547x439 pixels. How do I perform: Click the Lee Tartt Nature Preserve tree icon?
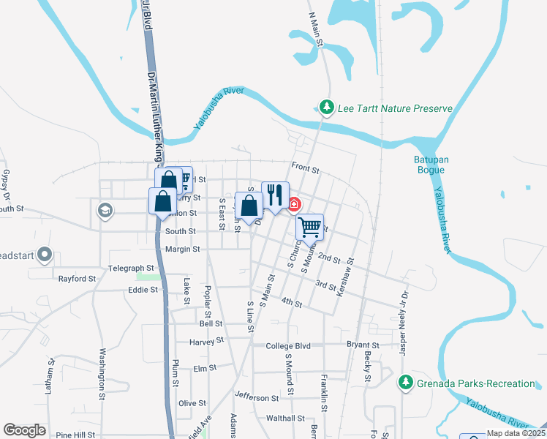tap(327, 108)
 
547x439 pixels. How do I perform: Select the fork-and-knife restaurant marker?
tap(275, 195)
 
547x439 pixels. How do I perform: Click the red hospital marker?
tap(295, 204)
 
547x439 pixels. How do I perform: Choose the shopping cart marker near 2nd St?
tap(310, 227)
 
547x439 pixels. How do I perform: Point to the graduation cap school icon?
tap(105, 211)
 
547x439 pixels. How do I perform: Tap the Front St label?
tap(306, 169)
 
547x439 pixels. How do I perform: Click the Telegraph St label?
tap(131, 269)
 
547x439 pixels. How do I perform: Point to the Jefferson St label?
tap(257, 398)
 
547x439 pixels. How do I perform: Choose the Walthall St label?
tap(284, 419)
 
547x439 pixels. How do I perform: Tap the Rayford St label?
tap(78, 279)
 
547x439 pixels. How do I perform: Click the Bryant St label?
tap(363, 345)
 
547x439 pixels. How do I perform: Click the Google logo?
tap(24, 430)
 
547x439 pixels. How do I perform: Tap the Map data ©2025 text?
tap(515, 434)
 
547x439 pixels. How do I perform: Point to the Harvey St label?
tap(205, 341)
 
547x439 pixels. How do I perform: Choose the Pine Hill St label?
tap(75, 435)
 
